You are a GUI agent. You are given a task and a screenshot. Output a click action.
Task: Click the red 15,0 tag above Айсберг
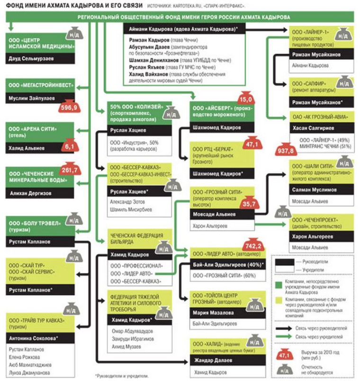pos(244,100)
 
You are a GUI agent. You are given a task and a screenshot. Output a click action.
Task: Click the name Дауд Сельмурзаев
pos(29,59)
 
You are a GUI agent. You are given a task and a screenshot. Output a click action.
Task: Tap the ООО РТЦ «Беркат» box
pos(221,154)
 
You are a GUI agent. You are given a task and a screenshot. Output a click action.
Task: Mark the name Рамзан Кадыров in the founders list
pos(147,40)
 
